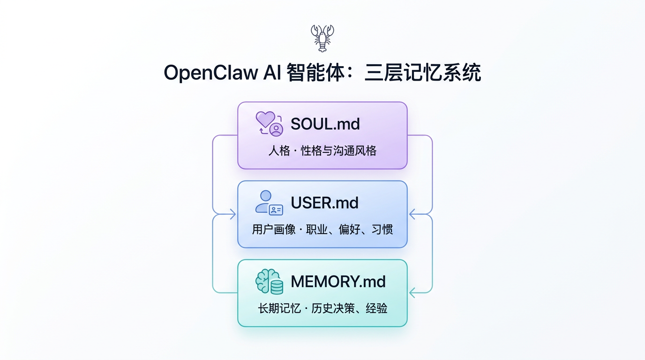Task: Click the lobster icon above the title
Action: tap(322, 38)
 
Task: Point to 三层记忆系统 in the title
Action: tap(422, 74)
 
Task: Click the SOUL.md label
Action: tap(325, 124)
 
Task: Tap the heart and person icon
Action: tap(269, 123)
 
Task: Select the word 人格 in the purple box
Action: tap(279, 151)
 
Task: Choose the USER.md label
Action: tap(324, 202)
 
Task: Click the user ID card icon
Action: tap(269, 202)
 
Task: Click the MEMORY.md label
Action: tap(338, 281)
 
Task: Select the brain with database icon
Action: tap(269, 282)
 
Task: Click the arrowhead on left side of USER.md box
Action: tap(232, 214)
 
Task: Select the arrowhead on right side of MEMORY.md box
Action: tap(412, 293)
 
